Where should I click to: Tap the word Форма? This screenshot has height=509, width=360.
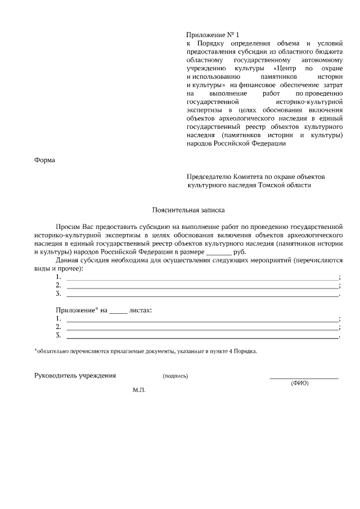[x=45, y=160]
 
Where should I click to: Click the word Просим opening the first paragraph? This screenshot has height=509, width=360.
[x=68, y=226]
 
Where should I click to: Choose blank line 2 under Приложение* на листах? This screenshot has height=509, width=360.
[x=202, y=328]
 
